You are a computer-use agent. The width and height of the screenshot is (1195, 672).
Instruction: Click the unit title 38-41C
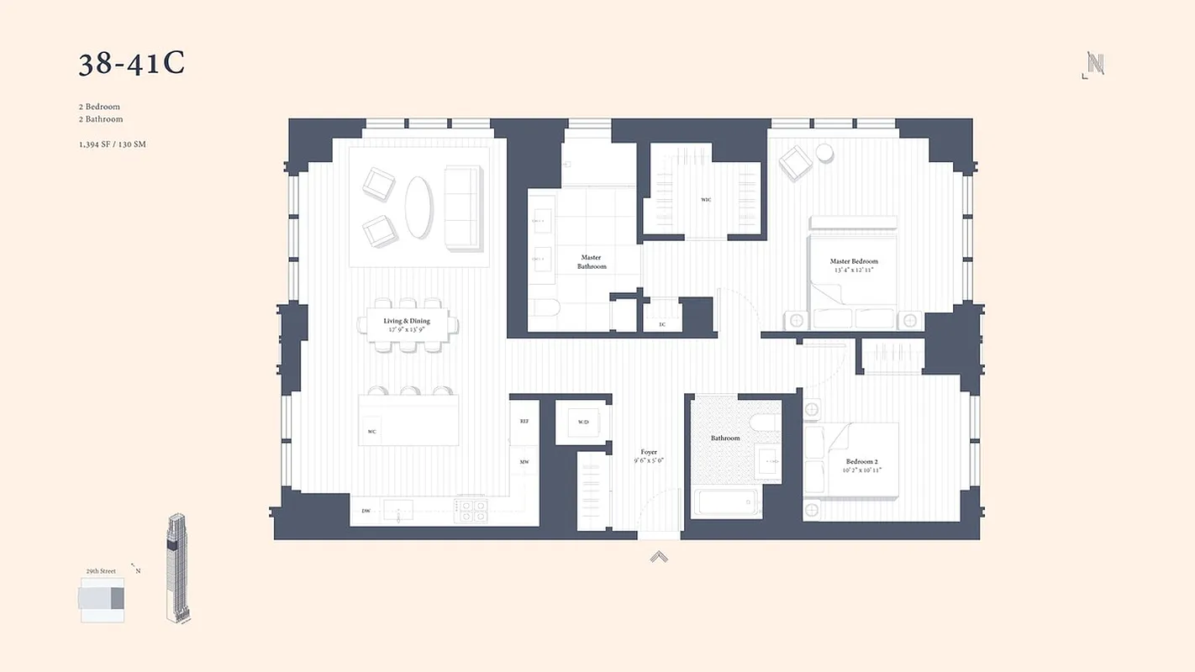[132, 63]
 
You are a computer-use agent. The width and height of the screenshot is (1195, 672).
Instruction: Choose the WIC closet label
[706, 200]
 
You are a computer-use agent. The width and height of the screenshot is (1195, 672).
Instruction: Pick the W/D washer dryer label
[583, 421]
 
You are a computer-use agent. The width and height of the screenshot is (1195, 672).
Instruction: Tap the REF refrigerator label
[524, 421]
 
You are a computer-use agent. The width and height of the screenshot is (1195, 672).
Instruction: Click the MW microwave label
[524, 462]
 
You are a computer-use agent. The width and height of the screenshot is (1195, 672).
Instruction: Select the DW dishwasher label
[366, 511]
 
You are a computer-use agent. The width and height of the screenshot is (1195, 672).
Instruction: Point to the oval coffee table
[419, 207]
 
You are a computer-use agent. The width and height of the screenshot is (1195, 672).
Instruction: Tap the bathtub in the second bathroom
[727, 503]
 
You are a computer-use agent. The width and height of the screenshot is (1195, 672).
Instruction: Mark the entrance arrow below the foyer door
[659, 555]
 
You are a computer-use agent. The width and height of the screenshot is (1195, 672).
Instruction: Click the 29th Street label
[101, 571]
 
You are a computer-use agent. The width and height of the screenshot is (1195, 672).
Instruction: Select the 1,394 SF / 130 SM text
[113, 144]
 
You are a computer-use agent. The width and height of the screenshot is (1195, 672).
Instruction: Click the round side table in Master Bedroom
[824, 152]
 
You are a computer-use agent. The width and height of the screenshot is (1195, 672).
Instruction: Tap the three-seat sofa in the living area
[462, 207]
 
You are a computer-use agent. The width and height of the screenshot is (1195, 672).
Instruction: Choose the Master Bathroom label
[592, 262]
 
